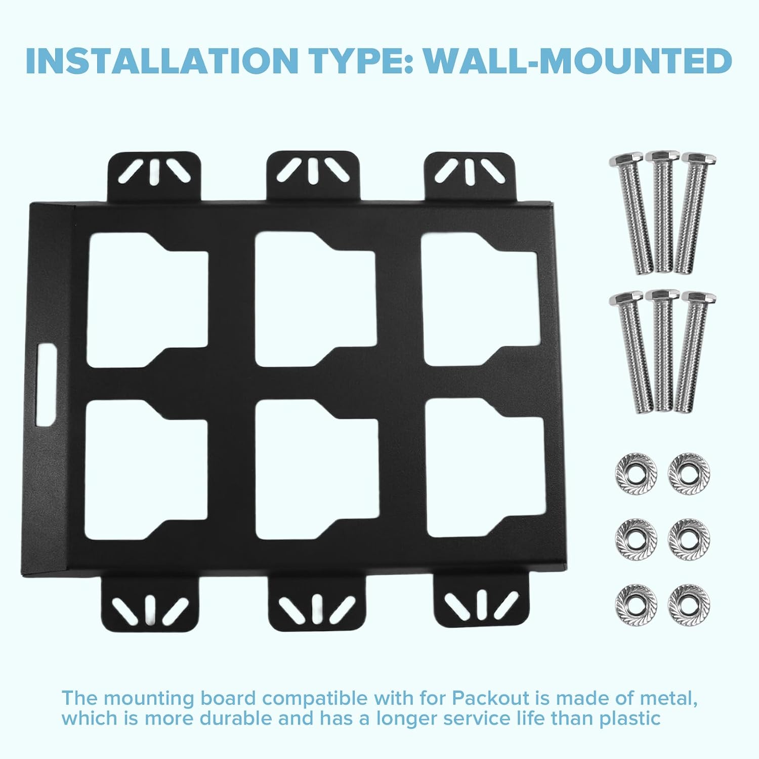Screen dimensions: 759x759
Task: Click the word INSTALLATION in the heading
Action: (x=159, y=61)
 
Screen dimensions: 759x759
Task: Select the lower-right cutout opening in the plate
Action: (x=485, y=468)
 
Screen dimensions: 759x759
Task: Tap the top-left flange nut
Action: (x=636, y=474)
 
